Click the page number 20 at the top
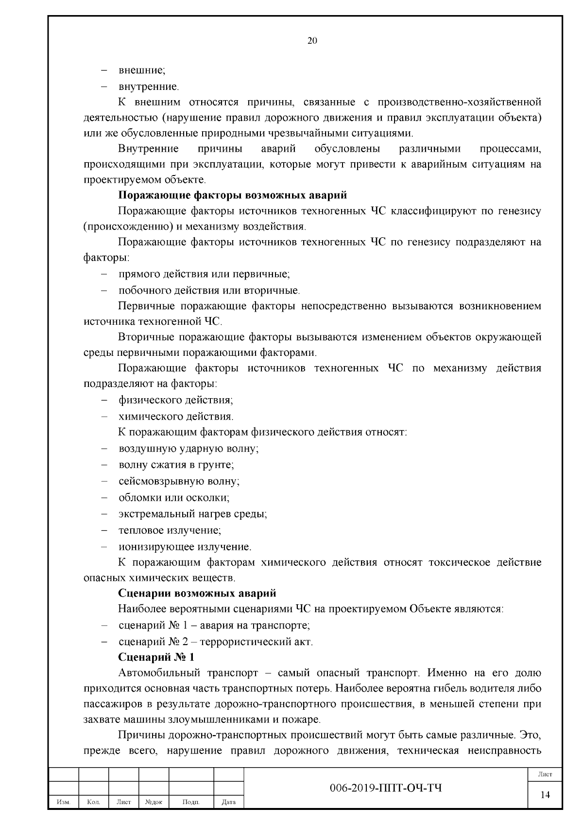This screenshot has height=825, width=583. [x=312, y=41]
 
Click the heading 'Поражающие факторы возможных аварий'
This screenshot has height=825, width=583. [x=233, y=195]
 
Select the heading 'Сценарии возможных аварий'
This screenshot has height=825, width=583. [x=197, y=593]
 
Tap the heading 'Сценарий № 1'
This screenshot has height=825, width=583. [x=156, y=657]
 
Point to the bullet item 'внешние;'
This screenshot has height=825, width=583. [x=142, y=70]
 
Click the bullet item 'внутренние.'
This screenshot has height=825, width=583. [x=149, y=87]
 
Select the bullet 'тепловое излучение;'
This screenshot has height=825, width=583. [x=170, y=530]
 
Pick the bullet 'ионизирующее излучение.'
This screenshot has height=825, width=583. [x=185, y=546]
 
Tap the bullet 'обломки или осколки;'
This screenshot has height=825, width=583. [x=174, y=497]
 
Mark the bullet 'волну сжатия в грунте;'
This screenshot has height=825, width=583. [x=176, y=465]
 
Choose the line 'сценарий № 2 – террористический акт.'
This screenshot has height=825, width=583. [x=216, y=641]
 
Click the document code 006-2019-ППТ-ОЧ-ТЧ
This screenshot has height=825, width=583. [x=386, y=788]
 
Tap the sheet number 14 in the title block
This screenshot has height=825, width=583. [x=545, y=794]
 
